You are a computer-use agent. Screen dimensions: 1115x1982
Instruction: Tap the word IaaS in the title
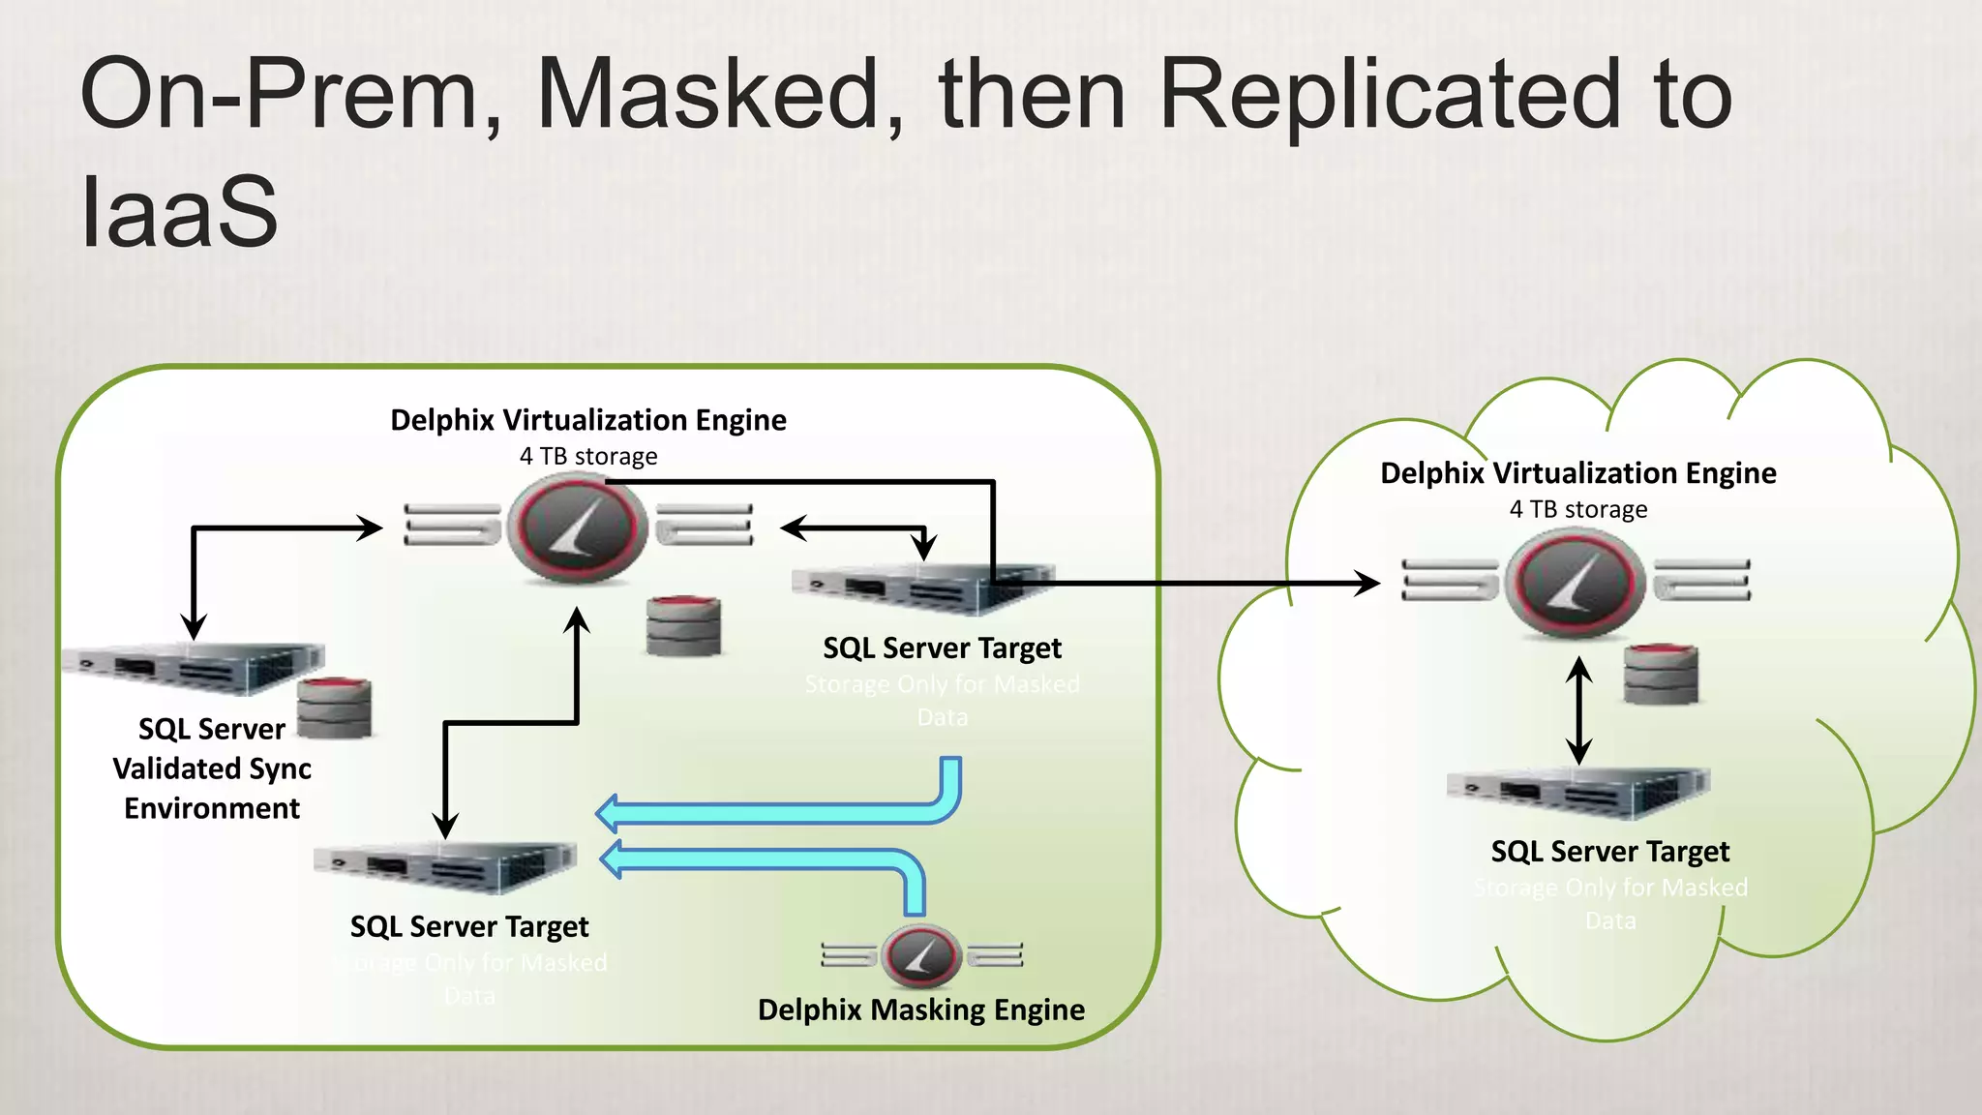pos(180,212)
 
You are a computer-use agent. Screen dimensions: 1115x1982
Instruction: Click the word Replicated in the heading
pos(1388,94)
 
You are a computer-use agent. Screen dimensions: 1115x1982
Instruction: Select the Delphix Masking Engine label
pos(920,1010)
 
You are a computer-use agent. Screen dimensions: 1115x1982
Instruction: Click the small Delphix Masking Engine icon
pos(920,955)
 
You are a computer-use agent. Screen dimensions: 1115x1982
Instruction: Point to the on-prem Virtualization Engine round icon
pos(578,529)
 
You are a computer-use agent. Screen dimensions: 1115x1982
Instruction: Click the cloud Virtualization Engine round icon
pos(1575,583)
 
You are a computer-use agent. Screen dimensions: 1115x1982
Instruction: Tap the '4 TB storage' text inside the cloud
pos(1577,509)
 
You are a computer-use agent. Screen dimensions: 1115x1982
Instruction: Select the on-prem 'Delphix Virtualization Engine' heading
pos(587,420)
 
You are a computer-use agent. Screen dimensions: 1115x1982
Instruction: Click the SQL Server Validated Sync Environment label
pos(212,768)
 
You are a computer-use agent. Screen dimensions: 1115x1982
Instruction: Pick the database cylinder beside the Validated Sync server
pos(334,708)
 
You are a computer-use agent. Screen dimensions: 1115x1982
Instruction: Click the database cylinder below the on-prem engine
pos(683,626)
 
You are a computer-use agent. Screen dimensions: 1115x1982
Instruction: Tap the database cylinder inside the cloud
pos(1661,674)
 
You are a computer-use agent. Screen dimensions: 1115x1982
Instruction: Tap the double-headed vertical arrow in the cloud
pos(1579,710)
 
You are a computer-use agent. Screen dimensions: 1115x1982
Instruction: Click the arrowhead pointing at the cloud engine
pos(1368,583)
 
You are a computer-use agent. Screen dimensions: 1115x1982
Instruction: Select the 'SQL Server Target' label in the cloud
pos(1609,852)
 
